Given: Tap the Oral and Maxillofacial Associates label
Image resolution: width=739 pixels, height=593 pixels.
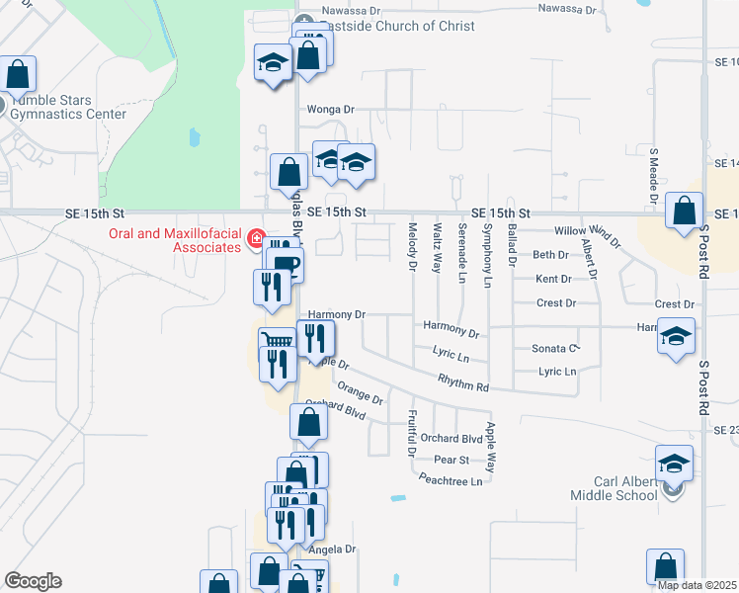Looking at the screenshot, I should (173, 240).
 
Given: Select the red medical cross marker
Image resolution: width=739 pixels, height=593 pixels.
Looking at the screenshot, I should (256, 239).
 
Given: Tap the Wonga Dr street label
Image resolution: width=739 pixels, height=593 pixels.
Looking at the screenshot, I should (330, 109).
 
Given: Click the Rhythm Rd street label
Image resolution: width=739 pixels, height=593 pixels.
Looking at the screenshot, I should (464, 387).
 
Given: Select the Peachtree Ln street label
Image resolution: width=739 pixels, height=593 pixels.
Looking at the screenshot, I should (450, 481).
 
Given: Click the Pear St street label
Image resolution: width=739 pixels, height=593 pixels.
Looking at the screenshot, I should (451, 460).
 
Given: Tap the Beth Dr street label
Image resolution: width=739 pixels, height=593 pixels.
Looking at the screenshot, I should (551, 254).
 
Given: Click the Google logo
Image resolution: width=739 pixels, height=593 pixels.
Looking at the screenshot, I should (33, 581).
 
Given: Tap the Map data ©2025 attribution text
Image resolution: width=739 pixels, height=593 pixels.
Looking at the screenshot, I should (697, 585).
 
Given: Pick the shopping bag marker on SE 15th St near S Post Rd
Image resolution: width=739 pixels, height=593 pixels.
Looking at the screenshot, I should (684, 212).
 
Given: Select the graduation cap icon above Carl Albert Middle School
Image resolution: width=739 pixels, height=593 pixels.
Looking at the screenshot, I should (673, 462).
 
